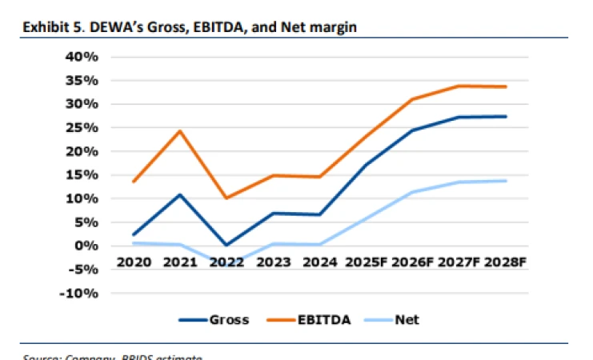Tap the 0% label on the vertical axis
[86, 246]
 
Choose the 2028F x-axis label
[505, 262]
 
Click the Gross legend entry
[211, 320]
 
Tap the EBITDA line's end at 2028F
[505, 86]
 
